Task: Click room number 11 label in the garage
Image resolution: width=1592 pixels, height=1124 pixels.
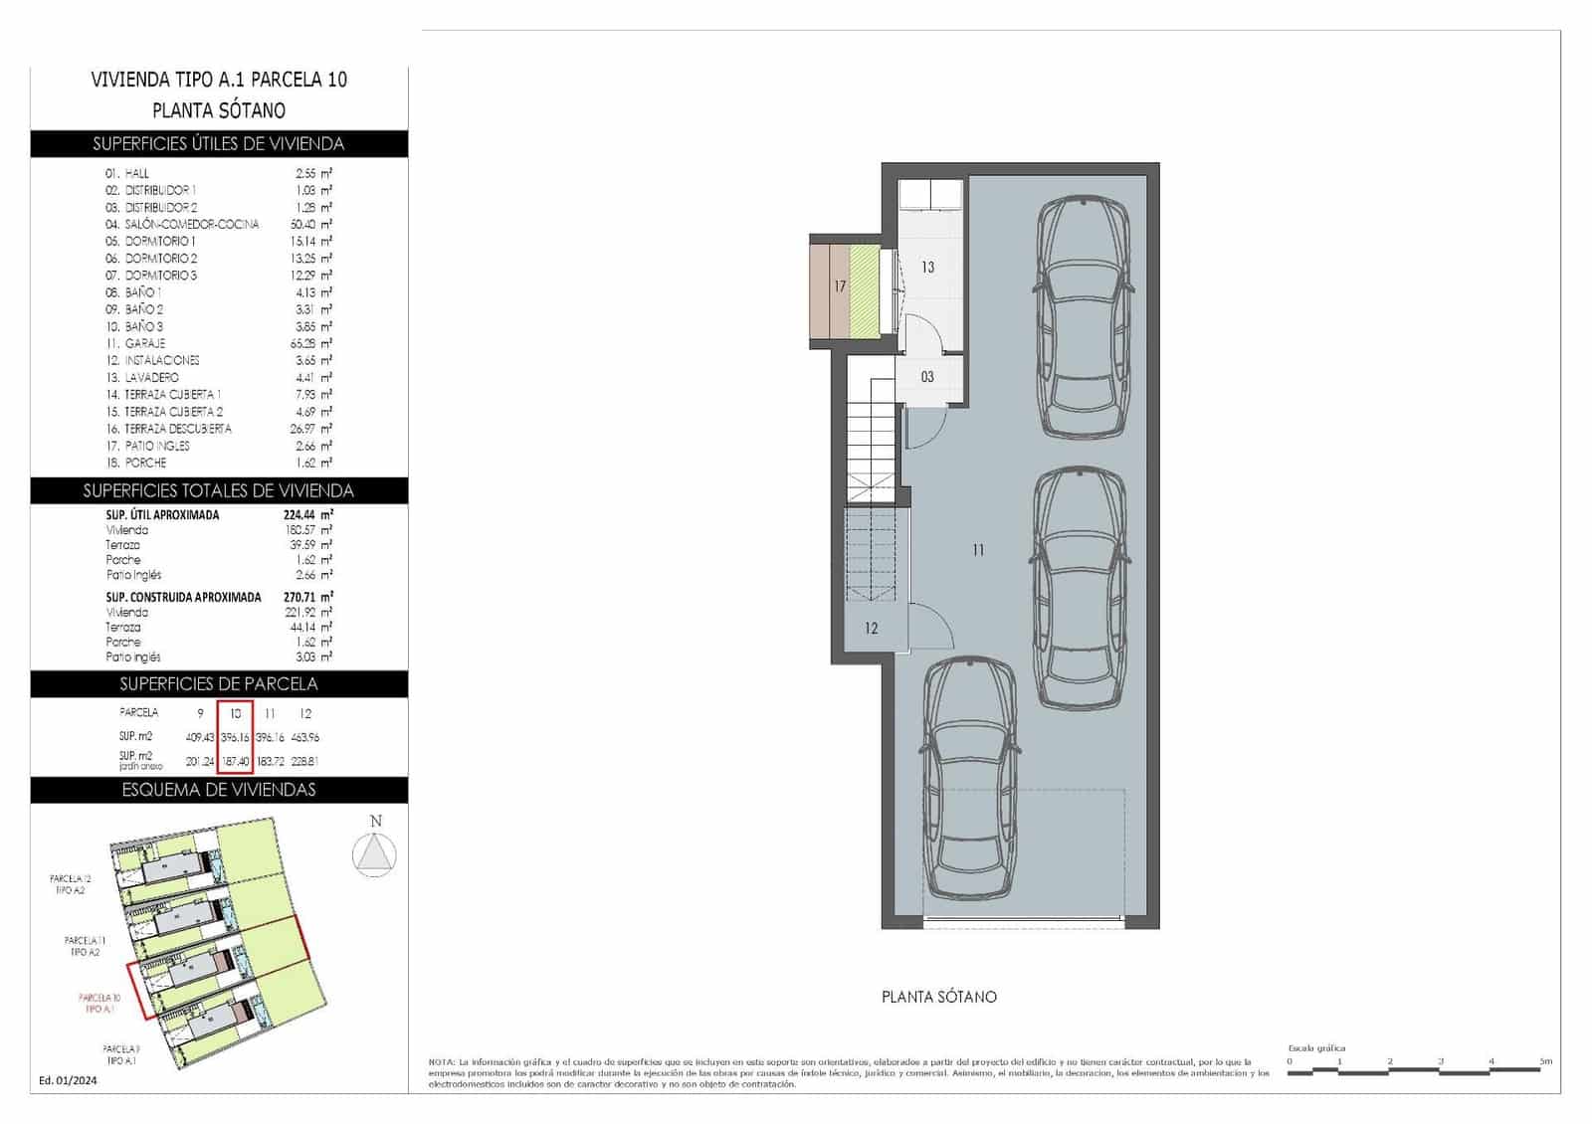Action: click(978, 549)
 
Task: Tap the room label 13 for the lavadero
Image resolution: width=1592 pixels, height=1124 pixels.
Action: click(927, 267)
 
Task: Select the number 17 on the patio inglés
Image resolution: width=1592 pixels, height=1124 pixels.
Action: click(840, 286)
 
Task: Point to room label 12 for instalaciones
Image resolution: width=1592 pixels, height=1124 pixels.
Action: click(871, 628)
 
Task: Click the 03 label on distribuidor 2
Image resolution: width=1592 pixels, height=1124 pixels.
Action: click(927, 377)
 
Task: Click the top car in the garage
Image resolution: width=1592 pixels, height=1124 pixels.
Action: click(1084, 316)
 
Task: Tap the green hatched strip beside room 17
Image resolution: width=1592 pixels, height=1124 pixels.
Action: click(865, 291)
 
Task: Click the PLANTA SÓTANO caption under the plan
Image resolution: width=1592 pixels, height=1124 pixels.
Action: click(938, 997)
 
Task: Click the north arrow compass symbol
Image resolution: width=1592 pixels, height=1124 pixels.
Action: click(375, 854)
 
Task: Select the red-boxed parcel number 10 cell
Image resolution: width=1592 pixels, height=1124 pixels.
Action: click(236, 713)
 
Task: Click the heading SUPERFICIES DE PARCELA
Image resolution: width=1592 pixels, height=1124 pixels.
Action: click(219, 683)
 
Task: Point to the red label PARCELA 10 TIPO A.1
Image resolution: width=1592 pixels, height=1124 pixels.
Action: click(99, 1003)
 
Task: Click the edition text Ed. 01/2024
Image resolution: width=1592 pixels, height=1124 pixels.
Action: click(68, 1080)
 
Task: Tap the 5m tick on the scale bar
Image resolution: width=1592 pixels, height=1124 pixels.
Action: click(1544, 1061)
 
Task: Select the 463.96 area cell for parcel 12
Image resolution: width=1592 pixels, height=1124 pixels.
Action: click(305, 737)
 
